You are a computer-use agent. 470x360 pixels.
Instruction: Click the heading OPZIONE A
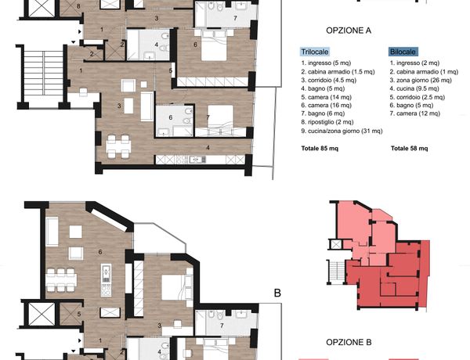click(x=349, y=31)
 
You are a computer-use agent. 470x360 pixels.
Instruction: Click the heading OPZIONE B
click(x=349, y=342)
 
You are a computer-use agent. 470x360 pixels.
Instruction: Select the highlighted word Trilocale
click(x=315, y=52)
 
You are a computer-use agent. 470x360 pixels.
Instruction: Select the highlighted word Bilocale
click(x=403, y=52)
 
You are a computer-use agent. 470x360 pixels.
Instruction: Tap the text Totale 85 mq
click(x=320, y=148)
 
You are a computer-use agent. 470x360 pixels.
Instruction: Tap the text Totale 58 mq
click(x=410, y=148)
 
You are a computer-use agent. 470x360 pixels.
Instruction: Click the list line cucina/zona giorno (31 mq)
click(x=342, y=131)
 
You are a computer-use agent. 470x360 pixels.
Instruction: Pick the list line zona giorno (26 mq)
click(x=421, y=80)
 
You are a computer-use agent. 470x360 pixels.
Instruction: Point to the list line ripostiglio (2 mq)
click(x=327, y=122)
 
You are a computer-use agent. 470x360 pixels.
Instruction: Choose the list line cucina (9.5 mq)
click(x=414, y=88)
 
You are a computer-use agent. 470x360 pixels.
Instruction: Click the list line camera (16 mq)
click(x=327, y=105)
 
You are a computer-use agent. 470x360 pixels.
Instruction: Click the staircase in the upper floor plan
click(x=43, y=73)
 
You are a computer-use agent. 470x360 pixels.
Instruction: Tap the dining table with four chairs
click(x=118, y=146)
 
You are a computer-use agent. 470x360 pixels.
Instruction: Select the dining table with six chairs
click(x=61, y=279)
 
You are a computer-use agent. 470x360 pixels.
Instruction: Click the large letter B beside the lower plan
click(x=277, y=293)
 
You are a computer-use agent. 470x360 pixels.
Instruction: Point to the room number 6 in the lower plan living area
click(x=100, y=252)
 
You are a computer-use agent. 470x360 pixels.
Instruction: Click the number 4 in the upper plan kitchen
click(x=208, y=147)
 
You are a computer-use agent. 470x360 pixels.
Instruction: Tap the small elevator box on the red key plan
click(x=336, y=244)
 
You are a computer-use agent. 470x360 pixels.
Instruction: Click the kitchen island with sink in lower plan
click(x=106, y=280)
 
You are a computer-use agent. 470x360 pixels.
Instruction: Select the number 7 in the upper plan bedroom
click(x=208, y=117)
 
